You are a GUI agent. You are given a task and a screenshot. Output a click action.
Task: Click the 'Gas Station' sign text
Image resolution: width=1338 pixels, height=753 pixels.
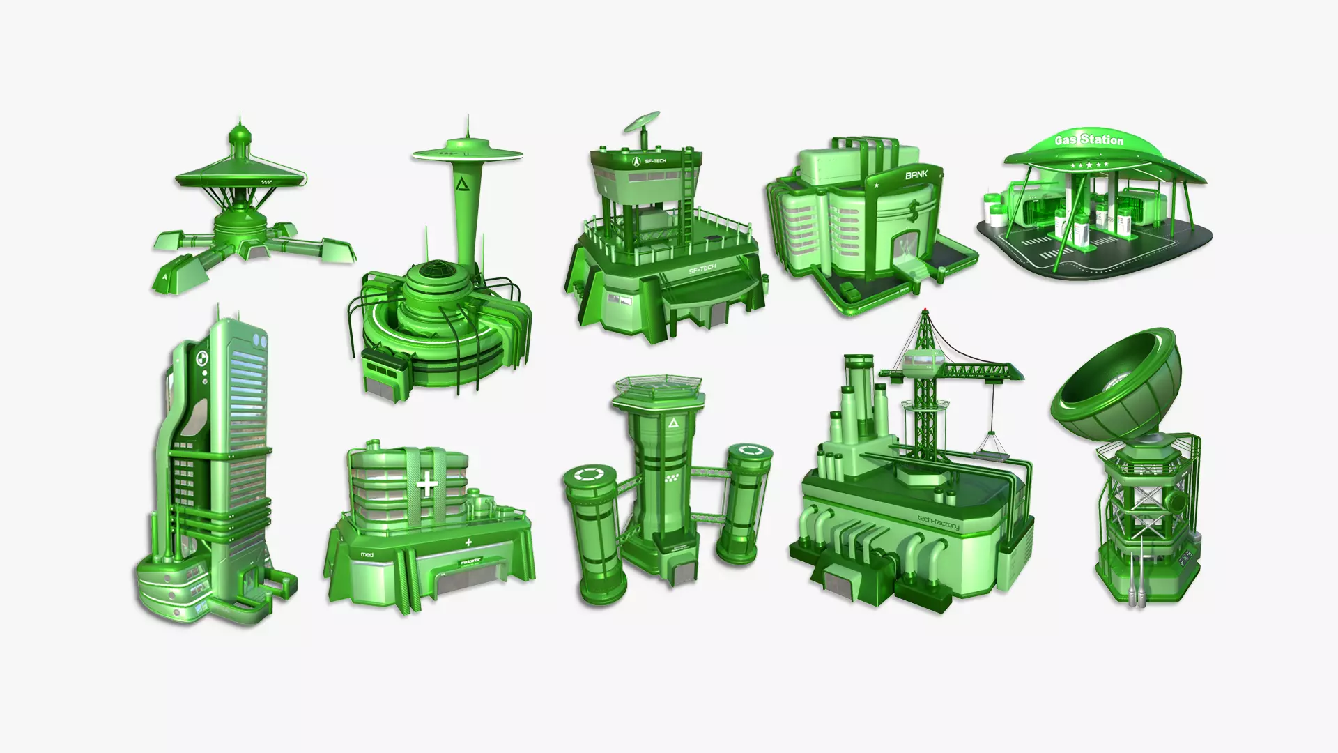point(1089,140)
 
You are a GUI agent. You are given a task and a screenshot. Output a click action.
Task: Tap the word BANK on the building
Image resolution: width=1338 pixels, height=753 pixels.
point(916,175)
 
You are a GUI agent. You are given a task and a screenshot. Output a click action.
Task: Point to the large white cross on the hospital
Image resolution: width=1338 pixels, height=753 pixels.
point(428,483)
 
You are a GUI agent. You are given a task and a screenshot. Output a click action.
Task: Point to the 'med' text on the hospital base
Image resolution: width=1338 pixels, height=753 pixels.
point(367,555)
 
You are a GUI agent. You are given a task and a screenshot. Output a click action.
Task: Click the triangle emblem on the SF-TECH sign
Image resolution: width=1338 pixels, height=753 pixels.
point(636,162)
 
